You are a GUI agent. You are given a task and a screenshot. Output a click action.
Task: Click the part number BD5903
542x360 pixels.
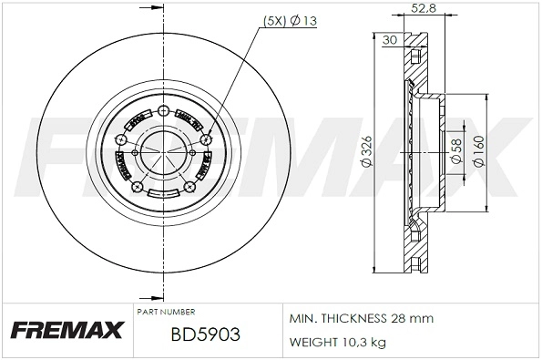point(205,335)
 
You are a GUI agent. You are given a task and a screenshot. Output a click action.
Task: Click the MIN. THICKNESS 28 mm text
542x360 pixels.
point(361,319)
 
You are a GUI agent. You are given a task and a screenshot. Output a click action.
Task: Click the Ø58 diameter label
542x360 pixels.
point(455,149)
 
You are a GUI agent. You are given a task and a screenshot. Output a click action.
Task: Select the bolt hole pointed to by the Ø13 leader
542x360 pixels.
point(206,139)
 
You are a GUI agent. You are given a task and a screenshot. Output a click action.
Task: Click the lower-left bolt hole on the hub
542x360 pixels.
point(138,187)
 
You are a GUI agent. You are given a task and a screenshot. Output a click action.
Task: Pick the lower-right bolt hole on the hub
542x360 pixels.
point(189,187)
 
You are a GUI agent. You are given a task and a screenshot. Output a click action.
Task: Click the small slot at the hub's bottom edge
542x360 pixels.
point(163,193)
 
